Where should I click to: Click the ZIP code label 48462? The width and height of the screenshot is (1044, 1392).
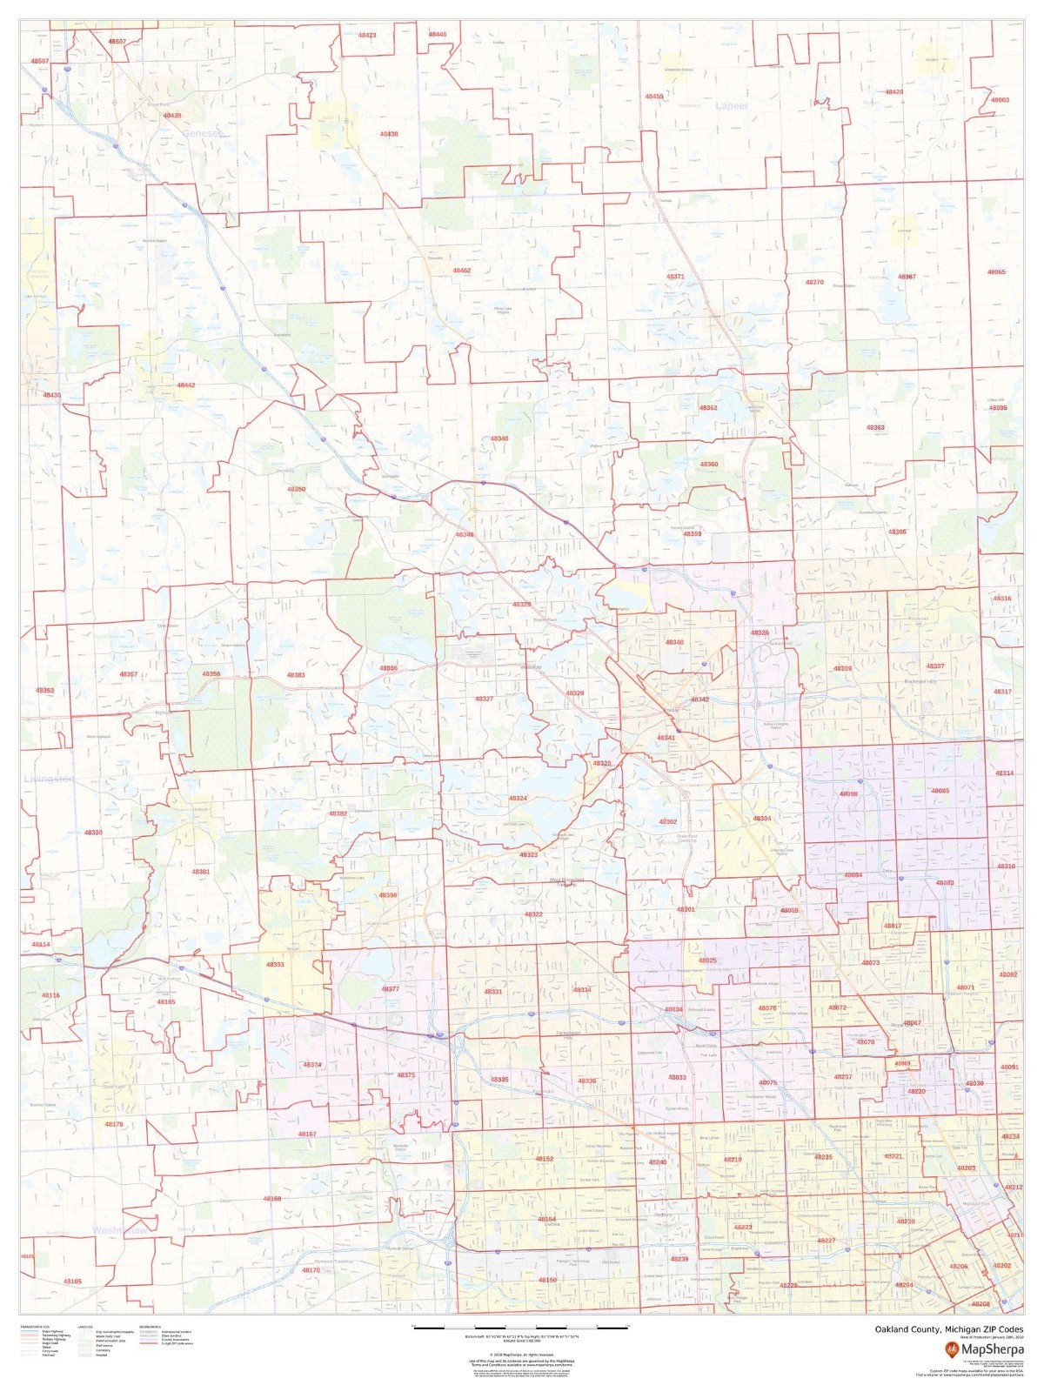point(462,271)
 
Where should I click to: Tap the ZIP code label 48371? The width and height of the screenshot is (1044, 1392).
point(675,277)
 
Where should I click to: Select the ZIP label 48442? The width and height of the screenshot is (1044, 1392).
point(186,385)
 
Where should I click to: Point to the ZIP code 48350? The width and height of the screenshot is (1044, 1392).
point(297,489)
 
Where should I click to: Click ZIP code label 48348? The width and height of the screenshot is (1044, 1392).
point(499,438)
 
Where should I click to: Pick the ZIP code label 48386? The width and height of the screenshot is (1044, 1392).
point(388,668)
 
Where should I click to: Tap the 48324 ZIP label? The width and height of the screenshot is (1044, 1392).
point(518,798)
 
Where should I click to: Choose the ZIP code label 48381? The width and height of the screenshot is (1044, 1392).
point(201,872)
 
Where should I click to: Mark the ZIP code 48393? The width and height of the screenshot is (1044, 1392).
point(275,964)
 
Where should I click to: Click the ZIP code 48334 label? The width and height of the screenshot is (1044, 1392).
point(582,990)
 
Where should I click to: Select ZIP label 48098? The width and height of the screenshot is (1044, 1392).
point(849,793)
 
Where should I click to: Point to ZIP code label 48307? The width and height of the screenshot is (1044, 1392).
point(935,666)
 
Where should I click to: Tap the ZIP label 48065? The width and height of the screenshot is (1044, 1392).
point(996,272)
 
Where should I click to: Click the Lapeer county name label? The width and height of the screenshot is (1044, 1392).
point(732,106)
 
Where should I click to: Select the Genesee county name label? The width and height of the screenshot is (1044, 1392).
point(203,133)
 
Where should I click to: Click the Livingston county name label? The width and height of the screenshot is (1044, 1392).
point(50,778)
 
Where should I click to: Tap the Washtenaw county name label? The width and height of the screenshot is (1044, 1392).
point(120,1231)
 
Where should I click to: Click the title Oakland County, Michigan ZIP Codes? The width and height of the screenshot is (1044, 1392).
point(949,1329)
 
